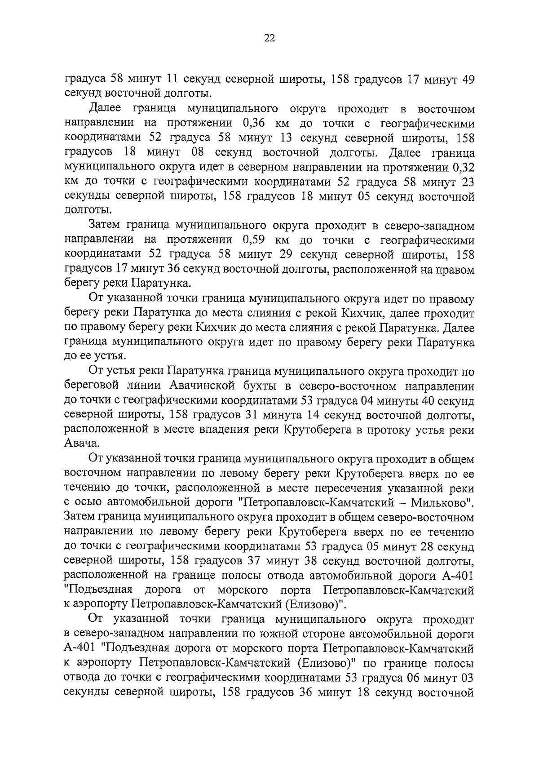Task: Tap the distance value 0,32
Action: pos(464,168)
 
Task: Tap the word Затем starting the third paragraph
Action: pos(105,225)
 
